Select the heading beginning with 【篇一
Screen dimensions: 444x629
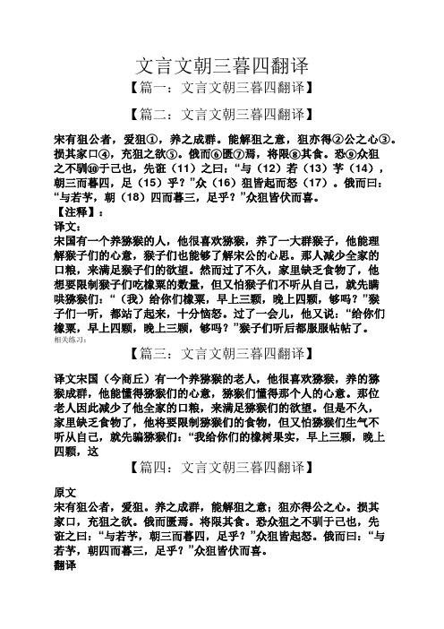221,89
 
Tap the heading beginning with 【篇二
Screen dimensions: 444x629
221,114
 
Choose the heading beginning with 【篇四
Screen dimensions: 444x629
221,466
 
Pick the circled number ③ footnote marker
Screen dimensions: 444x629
387,139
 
